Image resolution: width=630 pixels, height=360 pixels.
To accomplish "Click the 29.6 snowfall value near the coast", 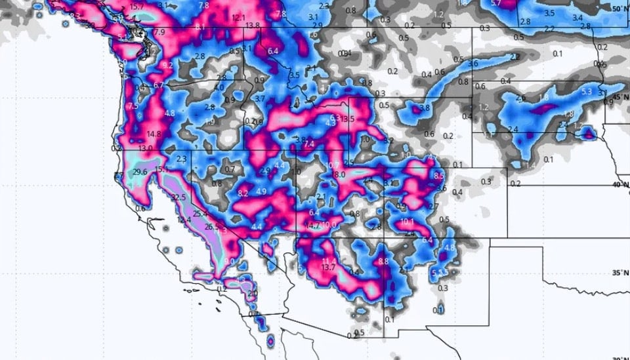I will [140, 172].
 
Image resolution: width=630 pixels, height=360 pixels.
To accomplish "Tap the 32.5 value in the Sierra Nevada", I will [178, 197].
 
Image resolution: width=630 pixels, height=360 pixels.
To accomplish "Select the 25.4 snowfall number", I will [200, 214].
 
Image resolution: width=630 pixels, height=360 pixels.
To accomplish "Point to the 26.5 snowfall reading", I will [211, 227].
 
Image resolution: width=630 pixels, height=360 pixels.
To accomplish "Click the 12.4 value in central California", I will [184, 220].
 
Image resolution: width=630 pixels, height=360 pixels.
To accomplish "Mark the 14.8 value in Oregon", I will [154, 134].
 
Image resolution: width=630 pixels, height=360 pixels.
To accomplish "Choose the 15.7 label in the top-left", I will [137, 7].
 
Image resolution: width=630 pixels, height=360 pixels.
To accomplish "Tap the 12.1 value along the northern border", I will [238, 17].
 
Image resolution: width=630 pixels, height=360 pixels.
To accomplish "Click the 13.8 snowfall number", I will [252, 26].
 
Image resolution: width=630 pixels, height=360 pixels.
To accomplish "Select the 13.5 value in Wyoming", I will [347, 119].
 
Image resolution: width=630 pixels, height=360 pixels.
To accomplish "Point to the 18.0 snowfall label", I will [339, 175].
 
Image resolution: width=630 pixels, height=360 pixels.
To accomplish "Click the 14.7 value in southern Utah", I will [313, 226].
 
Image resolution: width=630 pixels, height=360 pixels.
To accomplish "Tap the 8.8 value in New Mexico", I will [384, 262].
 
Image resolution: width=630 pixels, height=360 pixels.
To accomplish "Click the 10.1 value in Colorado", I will [407, 222].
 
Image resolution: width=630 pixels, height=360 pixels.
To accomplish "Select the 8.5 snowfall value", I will [439, 176].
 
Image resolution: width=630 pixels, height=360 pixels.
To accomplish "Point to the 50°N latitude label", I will [619, 9].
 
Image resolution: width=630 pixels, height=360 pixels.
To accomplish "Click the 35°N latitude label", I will [619, 273].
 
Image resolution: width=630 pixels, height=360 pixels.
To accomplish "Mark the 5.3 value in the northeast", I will [586, 92].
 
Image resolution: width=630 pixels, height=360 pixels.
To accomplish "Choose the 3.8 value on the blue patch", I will [425, 108].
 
